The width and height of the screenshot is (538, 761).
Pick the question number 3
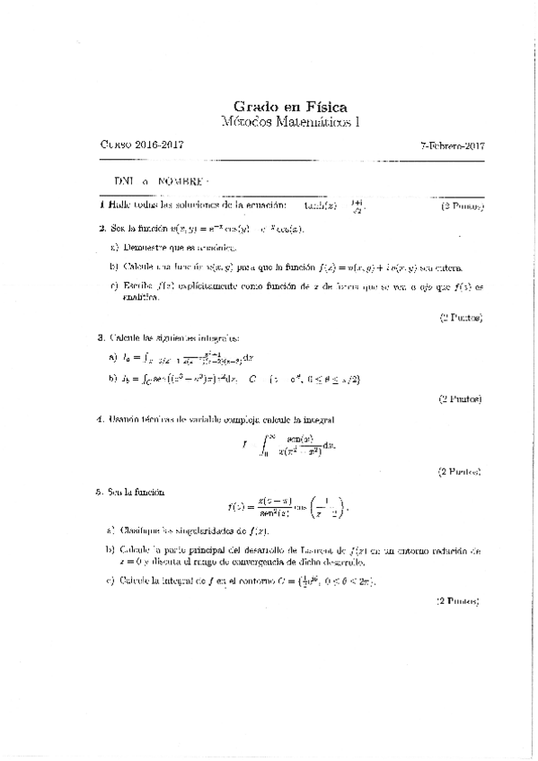[x=101, y=338]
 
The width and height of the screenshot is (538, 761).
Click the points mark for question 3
[x=460, y=398]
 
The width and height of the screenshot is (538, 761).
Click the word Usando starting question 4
[x=126, y=418]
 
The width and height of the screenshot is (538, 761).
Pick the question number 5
[x=101, y=492]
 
